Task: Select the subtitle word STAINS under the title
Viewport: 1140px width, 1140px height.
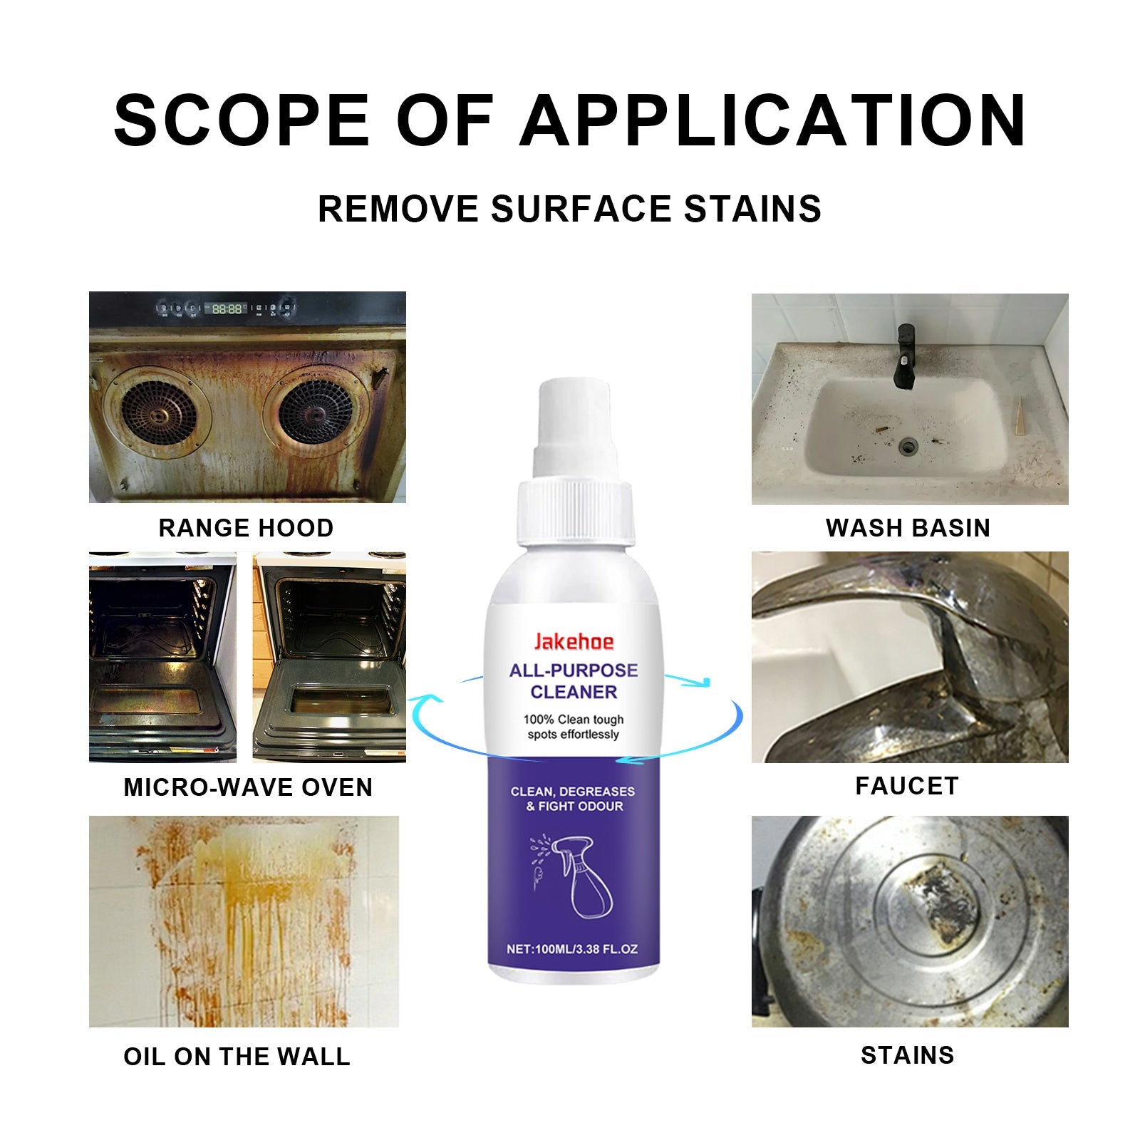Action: (752, 209)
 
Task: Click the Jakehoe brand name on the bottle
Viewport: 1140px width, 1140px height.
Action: (574, 642)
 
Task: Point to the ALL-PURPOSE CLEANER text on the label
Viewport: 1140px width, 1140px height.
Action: (574, 681)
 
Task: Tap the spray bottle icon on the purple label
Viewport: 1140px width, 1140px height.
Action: (579, 876)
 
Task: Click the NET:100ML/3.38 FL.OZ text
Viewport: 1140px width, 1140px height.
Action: (572, 949)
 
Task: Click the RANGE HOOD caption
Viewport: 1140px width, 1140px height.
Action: (246, 528)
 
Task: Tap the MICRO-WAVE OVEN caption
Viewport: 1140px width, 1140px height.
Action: (248, 787)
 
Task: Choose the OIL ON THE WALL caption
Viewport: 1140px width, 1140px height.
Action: (237, 1057)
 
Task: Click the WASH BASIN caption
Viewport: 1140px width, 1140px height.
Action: (908, 528)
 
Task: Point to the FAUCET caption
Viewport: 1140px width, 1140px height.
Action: (907, 786)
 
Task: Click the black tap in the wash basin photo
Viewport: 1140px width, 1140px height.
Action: (905, 356)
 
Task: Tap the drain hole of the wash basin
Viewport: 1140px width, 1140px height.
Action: (908, 447)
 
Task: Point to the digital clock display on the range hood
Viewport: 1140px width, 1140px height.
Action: (227, 309)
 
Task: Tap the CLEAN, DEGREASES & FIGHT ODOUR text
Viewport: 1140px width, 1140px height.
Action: (573, 799)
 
